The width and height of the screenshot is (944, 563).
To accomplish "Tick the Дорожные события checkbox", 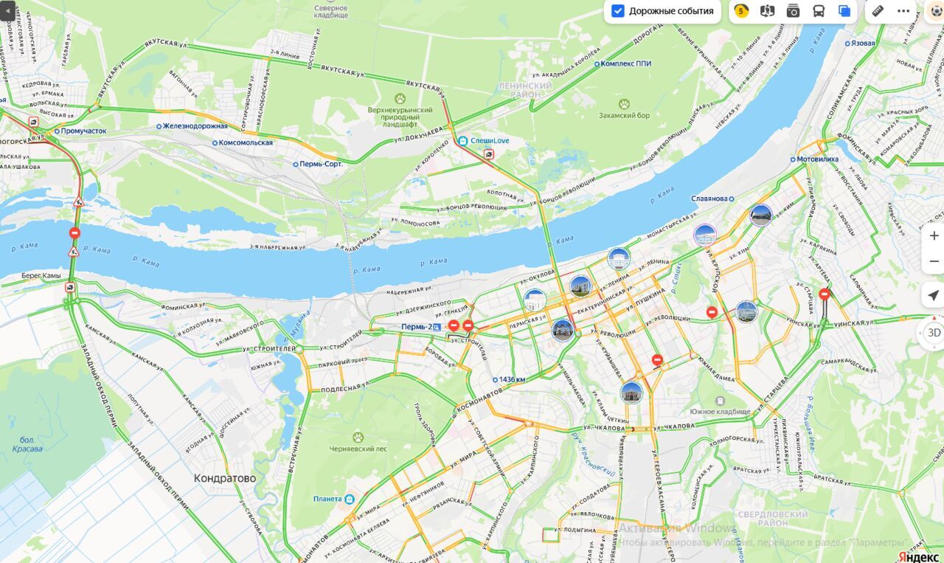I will tap(618, 11).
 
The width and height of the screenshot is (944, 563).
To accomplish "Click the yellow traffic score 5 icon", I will tap(741, 11).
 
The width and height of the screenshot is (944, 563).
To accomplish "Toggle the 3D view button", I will tap(934, 332).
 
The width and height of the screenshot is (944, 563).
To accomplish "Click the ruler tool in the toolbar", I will tap(878, 11).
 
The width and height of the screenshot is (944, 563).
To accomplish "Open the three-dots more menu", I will tap(903, 11).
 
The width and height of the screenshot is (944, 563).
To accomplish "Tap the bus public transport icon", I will tap(819, 11).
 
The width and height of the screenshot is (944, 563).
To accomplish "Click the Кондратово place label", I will tap(225, 478).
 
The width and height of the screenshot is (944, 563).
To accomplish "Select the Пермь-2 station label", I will tap(417, 327).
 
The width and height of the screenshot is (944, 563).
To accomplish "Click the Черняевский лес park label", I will tap(358, 447).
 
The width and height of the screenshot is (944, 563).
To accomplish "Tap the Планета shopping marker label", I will tap(327, 499).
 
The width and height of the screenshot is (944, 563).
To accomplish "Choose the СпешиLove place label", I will tap(490, 140).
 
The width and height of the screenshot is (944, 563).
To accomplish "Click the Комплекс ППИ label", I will tap(625, 63).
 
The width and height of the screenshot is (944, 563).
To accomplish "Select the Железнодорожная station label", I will tap(195, 126).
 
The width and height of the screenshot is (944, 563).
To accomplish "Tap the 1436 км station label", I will tap(512, 379).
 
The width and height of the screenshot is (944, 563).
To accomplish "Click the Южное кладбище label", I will tap(720, 411).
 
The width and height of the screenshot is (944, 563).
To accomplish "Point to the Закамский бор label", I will tap(624, 115).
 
